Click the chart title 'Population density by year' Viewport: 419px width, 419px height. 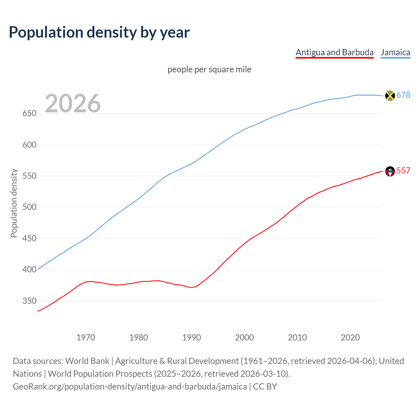pyautogui.click(x=99, y=32)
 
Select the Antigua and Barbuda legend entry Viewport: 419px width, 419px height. pyautogui.click(x=335, y=52)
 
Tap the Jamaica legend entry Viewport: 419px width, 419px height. pyautogui.click(x=395, y=52)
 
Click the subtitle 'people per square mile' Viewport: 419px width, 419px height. pyautogui.click(x=209, y=70)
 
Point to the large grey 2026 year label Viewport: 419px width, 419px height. pyautogui.click(x=73, y=103)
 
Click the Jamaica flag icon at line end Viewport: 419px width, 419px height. pyautogui.click(x=390, y=96)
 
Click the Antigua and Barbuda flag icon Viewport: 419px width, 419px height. pyautogui.click(x=390, y=171)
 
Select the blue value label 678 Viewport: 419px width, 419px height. pyautogui.click(x=403, y=95)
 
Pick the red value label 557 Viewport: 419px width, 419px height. pyautogui.click(x=403, y=171)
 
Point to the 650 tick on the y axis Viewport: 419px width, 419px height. pyautogui.click(x=29, y=114)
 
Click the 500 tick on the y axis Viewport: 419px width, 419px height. pyautogui.click(x=29, y=207)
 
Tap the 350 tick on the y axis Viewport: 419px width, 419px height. pyautogui.click(x=29, y=301)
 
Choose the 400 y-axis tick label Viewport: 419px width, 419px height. pyautogui.click(x=29, y=270)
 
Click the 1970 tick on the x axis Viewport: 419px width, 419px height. pyautogui.click(x=86, y=337)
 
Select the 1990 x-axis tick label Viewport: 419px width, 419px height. pyautogui.click(x=191, y=337)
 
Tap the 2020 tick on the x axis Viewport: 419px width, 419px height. pyautogui.click(x=350, y=337)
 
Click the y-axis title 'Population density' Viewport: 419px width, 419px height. pyautogui.click(x=14, y=203)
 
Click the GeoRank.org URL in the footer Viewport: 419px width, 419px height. pyautogui.click(x=130, y=387)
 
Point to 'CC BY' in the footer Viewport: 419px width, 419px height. pyautogui.click(x=265, y=387)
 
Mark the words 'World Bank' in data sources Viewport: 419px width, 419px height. pyautogui.click(x=87, y=361)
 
